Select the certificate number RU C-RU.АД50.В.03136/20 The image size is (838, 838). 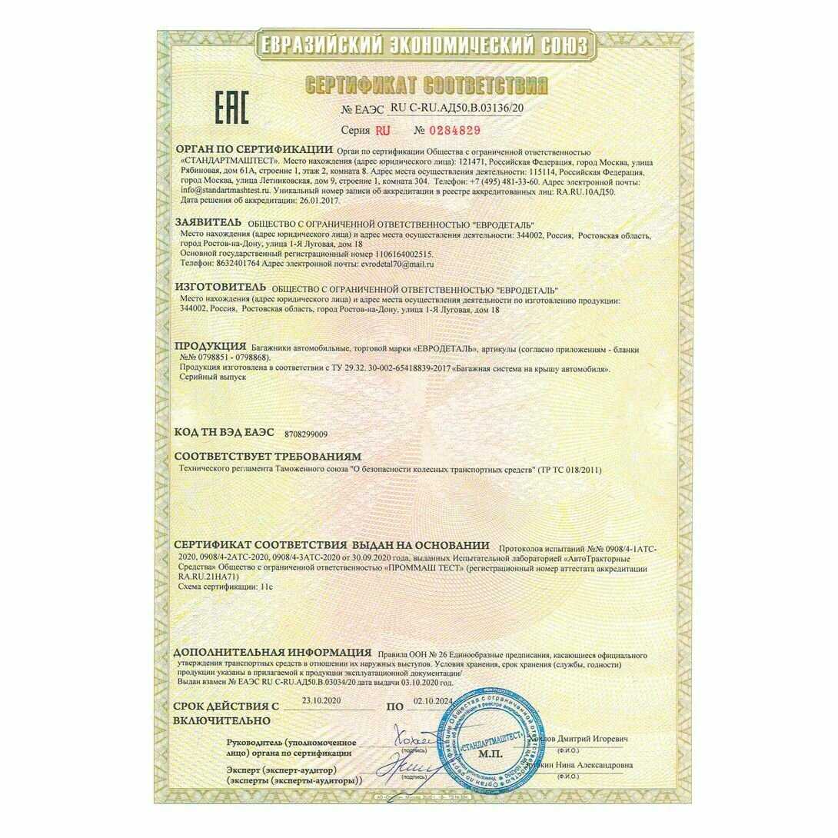pos(457,108)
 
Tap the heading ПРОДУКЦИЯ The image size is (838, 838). pos(210,348)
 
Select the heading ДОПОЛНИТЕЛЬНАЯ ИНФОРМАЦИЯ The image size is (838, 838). pos(271,652)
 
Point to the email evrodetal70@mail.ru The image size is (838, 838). pos(359,263)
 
